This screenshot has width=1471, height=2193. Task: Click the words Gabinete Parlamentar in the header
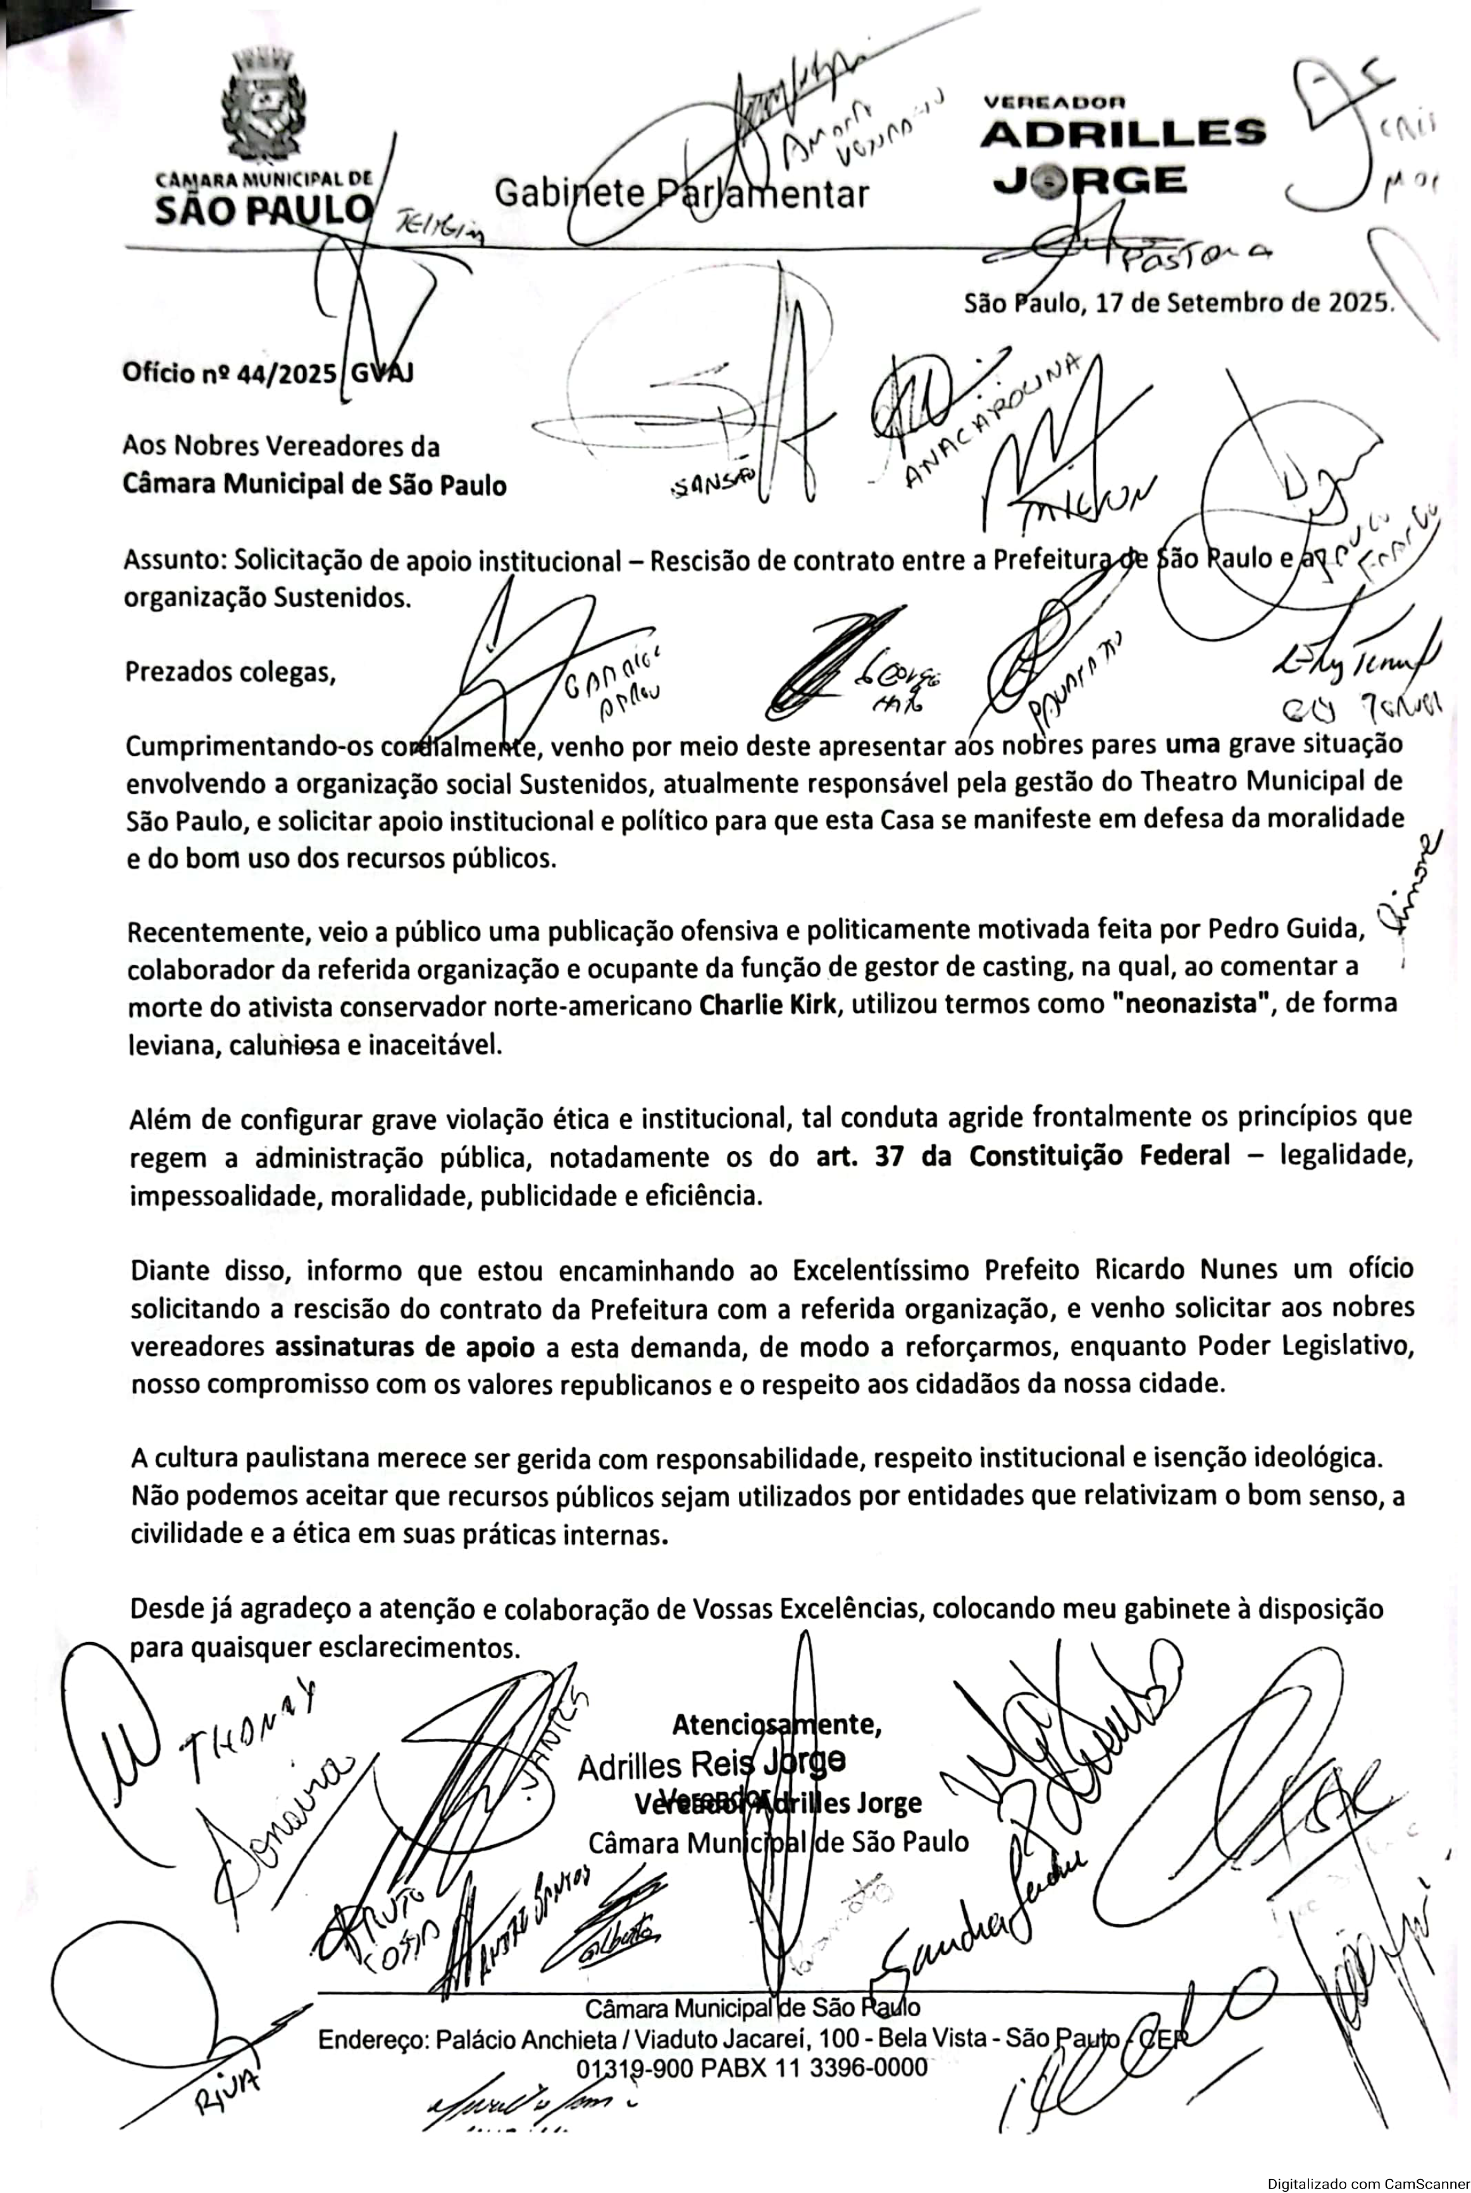point(681,193)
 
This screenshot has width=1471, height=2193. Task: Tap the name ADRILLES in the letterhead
point(1123,133)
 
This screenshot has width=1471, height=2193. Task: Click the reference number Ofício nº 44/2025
point(229,373)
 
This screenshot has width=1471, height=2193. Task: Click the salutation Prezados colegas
point(230,672)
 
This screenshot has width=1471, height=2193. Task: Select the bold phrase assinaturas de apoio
point(404,1347)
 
